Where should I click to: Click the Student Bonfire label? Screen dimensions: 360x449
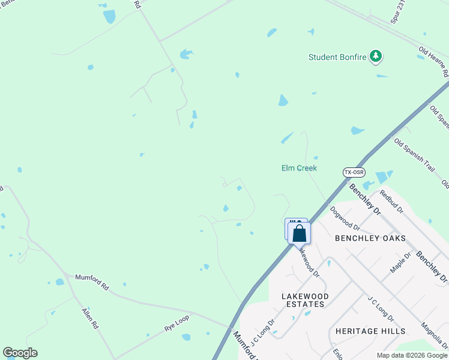pos(337,58)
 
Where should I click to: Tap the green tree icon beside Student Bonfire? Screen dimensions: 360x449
pos(376,56)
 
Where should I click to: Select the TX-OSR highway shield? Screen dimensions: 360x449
pos(354,172)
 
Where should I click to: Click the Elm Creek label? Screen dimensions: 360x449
pos(299,168)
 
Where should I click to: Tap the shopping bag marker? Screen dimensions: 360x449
pos(300,233)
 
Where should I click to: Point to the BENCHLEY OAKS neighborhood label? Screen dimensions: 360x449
pos(370,238)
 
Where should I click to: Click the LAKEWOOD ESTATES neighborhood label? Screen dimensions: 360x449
pos(306,300)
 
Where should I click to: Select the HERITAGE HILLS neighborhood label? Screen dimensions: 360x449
pos(370,331)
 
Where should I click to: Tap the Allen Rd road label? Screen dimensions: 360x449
pos(89,319)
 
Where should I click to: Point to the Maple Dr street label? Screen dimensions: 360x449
pos(400,263)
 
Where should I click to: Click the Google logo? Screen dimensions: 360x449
pos(20,353)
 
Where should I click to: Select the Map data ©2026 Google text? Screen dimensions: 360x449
pos(412,355)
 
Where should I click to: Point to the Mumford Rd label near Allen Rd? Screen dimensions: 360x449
pos(91,282)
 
